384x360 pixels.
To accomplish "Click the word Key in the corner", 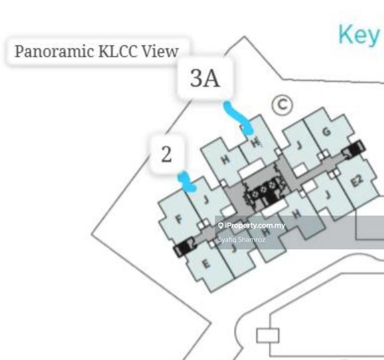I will point(358,35).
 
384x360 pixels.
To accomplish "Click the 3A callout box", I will point(205,79).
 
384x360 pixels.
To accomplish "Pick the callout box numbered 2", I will point(167,155).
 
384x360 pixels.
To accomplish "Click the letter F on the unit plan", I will point(179,220).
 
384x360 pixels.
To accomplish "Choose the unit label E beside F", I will point(205,264).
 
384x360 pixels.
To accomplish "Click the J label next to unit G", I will point(299,145).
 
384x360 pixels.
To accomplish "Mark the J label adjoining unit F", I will point(205,198).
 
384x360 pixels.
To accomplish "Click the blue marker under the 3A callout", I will point(238,118).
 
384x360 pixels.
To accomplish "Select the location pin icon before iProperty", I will point(220,225).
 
